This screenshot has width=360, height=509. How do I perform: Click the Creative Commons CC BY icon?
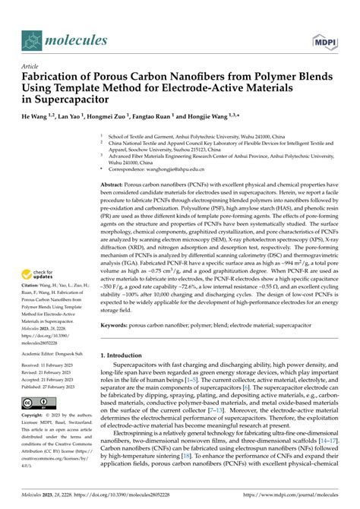click(36, 402)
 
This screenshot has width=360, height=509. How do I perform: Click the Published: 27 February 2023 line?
click(45, 386)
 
